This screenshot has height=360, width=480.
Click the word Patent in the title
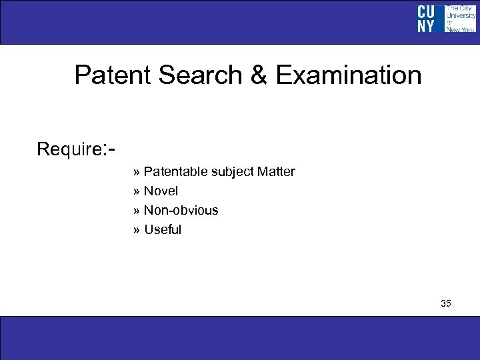[x=113, y=75]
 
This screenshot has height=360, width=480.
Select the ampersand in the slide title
[x=259, y=75]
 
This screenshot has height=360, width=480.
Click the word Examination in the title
[x=348, y=75]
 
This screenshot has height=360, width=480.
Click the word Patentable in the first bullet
[x=176, y=172]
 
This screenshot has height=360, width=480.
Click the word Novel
[x=161, y=191]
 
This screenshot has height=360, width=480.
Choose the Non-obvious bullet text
[x=181, y=211]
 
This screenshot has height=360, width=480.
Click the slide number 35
[x=446, y=304]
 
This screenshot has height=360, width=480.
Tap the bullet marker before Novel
[x=137, y=192]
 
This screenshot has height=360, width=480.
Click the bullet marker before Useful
[x=137, y=231]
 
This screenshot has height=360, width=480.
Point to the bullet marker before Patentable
[x=137, y=173]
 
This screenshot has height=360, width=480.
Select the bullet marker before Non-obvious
[x=137, y=211]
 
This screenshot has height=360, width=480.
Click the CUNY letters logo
[x=427, y=19]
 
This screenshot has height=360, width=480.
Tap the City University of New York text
[x=460, y=19]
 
